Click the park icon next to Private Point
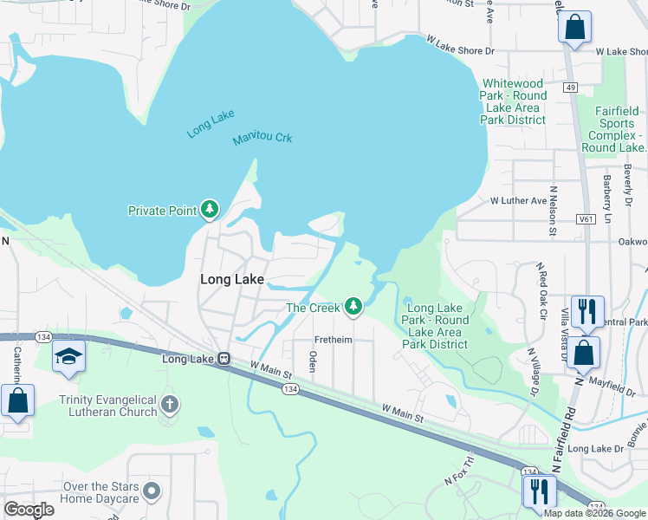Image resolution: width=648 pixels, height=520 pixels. pos(209,210)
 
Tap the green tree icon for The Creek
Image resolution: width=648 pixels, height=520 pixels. pos(353,307)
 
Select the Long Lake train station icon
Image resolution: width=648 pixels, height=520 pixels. pos(223,359)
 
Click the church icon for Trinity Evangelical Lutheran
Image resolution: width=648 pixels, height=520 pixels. pos(170,403)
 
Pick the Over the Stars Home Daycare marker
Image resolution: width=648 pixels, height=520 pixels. pos(152,491)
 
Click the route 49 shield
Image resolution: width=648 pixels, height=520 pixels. pos(569,88)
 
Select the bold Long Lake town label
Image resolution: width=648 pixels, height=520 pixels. pos(231,279)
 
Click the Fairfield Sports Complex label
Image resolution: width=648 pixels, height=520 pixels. pos(617,129)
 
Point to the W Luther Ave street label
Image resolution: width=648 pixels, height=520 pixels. pos(519,200)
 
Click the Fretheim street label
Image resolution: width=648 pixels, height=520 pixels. pos(333,340)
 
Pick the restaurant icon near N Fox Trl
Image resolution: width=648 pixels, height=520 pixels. pos(539,491)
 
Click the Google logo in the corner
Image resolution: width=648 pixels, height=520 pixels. pos(29,510)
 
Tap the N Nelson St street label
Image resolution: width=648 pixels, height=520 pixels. pos(552,211)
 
